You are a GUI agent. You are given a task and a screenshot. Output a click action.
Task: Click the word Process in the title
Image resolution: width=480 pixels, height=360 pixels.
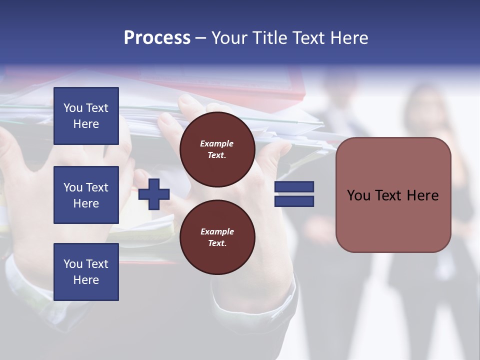[157, 38]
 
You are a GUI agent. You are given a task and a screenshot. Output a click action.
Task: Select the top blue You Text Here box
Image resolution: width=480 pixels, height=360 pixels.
[86, 116]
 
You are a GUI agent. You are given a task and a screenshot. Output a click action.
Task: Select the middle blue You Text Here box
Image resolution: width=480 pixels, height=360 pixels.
[86, 195]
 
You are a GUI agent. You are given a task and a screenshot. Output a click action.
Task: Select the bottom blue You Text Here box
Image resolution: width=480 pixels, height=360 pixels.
[86, 272]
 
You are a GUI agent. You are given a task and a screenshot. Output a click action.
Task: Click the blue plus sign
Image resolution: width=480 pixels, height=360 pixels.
[154, 194]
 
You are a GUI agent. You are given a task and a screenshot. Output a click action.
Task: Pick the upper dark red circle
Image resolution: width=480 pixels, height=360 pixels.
[217, 149]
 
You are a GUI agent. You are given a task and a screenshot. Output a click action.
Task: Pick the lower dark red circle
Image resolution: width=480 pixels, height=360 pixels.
[217, 237]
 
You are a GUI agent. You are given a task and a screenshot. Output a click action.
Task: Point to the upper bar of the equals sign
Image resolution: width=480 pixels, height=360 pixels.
[294, 187]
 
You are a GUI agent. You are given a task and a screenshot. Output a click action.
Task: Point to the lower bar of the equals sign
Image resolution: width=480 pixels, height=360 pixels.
[294, 201]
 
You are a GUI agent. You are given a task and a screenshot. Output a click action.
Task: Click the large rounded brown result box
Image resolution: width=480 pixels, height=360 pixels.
[393, 220]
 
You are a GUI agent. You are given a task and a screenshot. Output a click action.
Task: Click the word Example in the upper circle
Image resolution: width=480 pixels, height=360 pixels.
[217, 143]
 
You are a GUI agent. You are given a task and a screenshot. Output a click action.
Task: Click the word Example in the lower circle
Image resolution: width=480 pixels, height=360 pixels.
[217, 231]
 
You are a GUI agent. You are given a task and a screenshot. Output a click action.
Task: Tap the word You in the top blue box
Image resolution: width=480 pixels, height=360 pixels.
[72, 108]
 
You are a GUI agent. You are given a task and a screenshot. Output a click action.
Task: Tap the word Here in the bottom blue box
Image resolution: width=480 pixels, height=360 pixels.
[86, 280]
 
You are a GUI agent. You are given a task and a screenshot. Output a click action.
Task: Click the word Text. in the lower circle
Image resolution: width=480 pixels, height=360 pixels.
[217, 243]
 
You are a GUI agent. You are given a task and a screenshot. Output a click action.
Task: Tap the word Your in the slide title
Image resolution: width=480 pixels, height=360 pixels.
[229, 38]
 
